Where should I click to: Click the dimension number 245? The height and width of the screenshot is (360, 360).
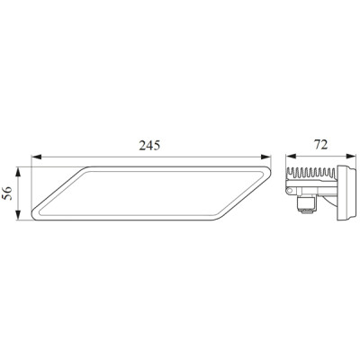[149, 145]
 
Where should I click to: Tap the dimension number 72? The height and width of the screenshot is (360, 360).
[320, 145]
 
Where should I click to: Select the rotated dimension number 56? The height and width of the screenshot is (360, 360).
[7, 193]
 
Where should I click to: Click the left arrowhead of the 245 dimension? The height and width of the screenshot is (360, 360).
[36, 157]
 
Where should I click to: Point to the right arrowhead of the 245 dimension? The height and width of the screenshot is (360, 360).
[265, 157]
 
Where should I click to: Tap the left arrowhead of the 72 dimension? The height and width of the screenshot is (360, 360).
[291, 156]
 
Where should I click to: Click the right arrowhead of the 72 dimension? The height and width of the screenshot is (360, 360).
[351, 156]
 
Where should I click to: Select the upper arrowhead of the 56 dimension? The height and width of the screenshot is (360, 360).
[19, 172]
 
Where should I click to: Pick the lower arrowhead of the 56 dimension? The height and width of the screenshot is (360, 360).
[19, 215]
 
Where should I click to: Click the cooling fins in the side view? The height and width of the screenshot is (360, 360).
[310, 174]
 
